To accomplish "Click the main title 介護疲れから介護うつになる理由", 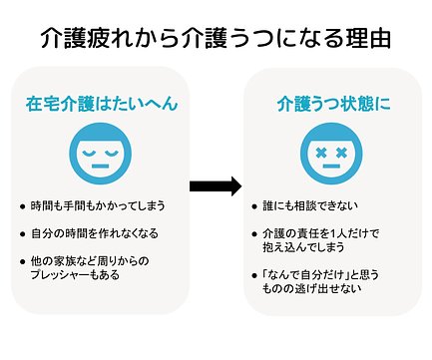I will pyautogui.click(x=216, y=39).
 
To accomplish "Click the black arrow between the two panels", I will pyautogui.click(x=216, y=186).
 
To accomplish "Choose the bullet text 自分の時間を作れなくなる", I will pyautogui.click(x=104, y=234).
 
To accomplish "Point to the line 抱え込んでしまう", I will pyautogui.click(x=308, y=247).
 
